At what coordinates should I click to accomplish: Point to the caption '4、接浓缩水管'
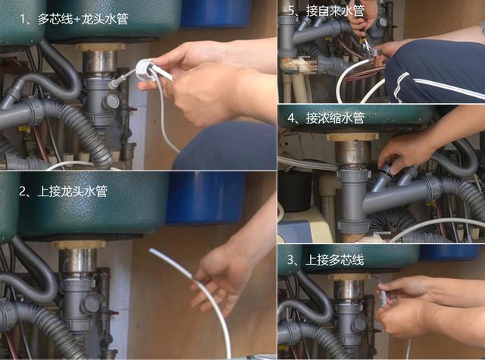[x=327, y=119]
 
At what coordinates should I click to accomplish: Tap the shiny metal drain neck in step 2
[x=79, y=261]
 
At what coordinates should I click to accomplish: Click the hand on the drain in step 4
[x=413, y=148]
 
